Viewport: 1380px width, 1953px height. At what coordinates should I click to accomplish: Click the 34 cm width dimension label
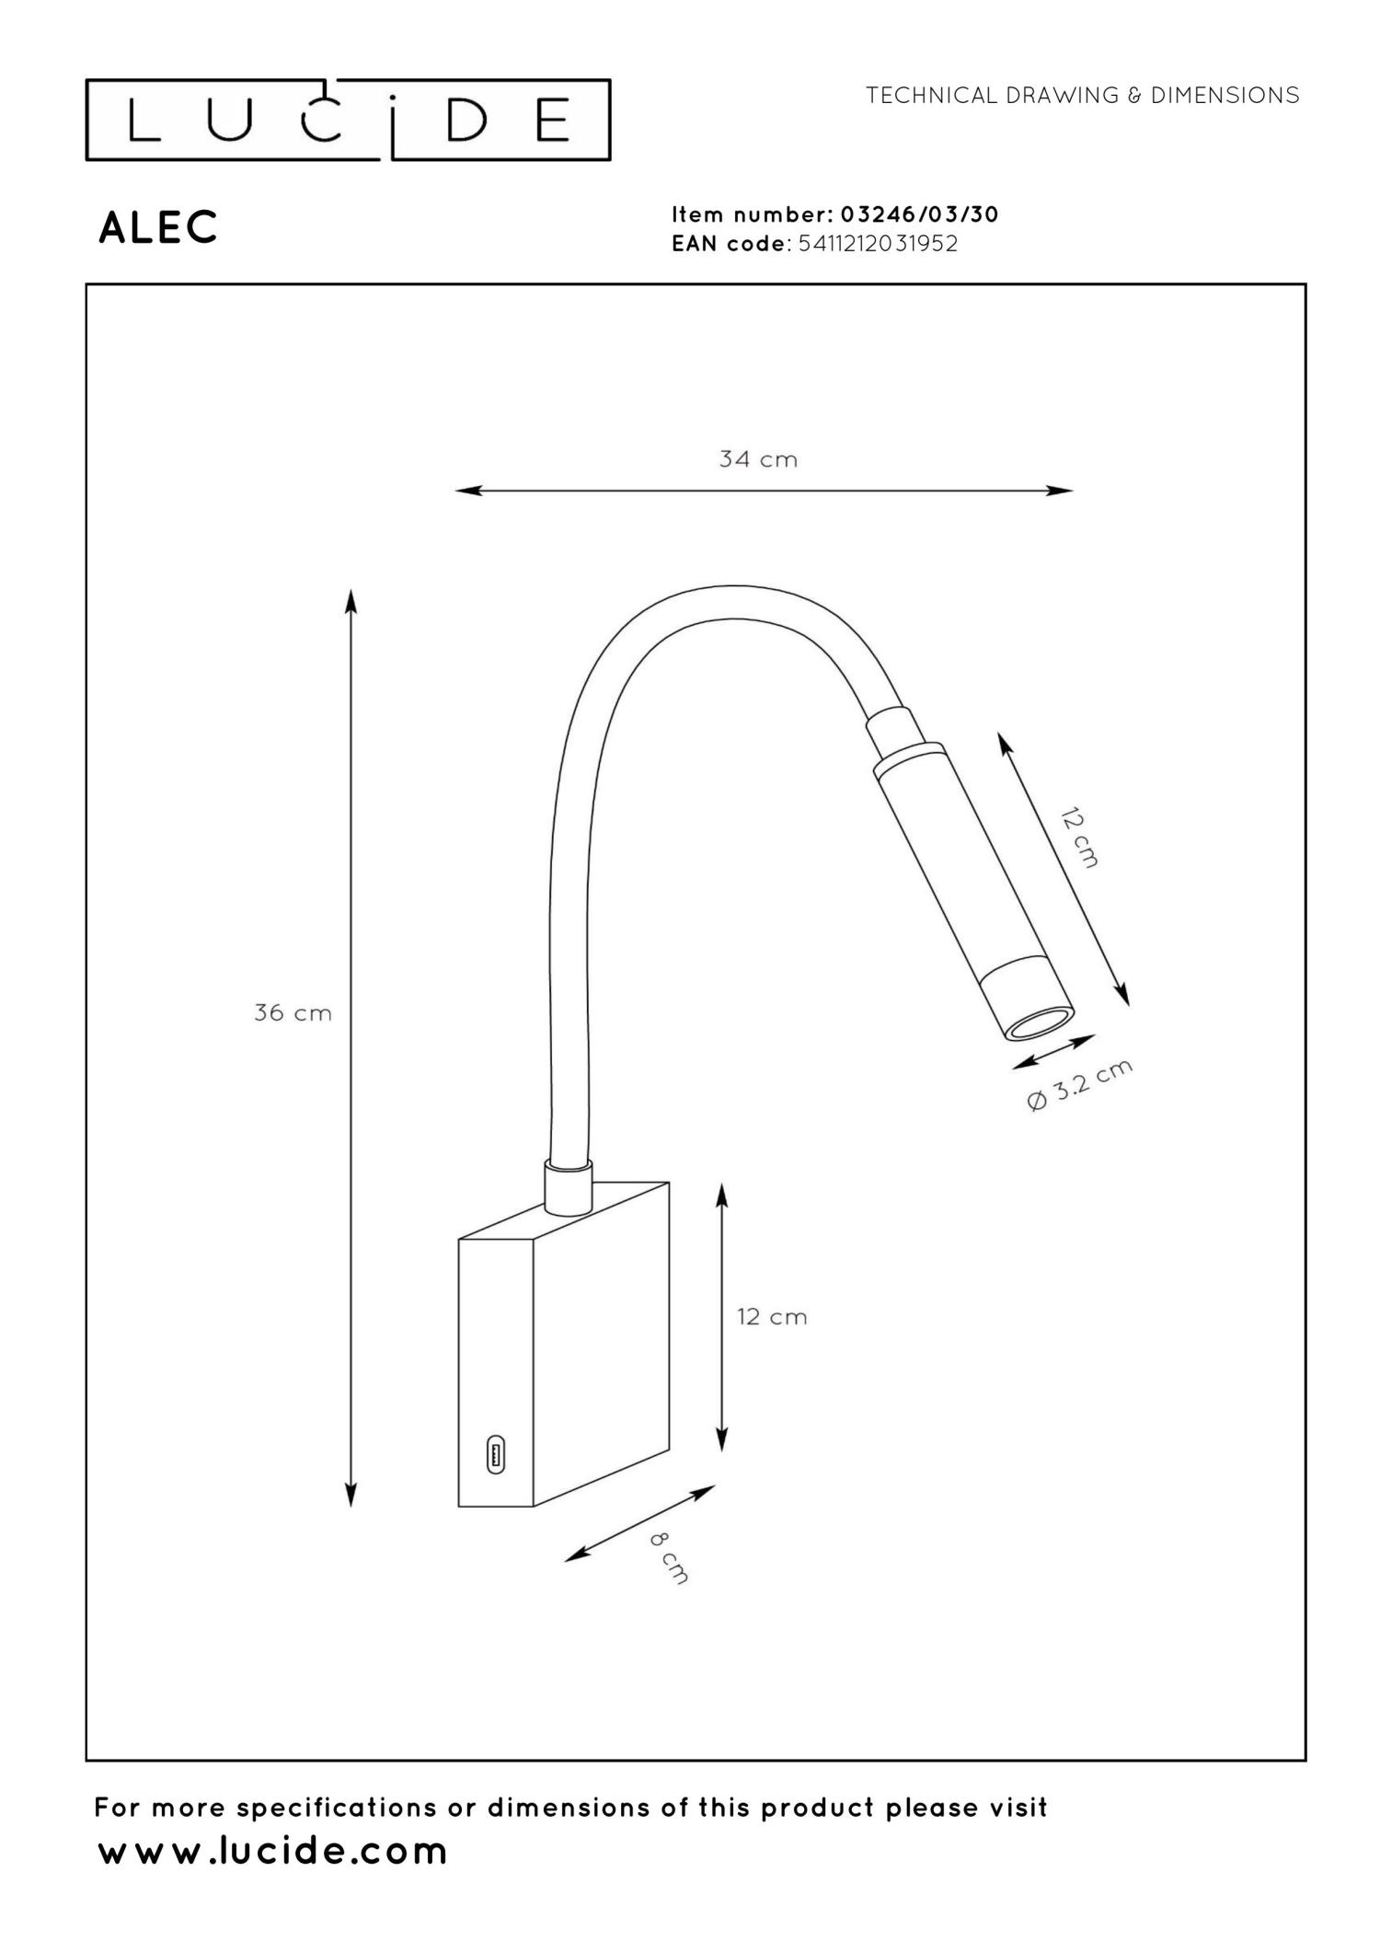[x=758, y=458]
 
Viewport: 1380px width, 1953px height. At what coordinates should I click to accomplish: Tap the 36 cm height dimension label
[x=293, y=1013]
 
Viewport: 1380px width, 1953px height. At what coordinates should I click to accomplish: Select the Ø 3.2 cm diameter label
[x=1079, y=1085]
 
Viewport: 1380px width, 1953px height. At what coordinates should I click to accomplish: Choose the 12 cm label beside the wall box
[x=771, y=1317]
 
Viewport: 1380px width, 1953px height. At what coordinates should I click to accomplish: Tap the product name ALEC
[x=158, y=227]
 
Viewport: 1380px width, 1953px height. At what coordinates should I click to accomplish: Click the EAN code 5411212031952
[x=878, y=244]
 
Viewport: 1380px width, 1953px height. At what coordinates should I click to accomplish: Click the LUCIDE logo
[x=348, y=121]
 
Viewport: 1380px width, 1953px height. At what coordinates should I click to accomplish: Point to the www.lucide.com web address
[x=272, y=1851]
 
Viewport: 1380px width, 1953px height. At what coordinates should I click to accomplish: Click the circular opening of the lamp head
[x=1039, y=1024]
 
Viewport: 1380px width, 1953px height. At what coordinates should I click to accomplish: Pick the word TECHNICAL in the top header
[x=931, y=96]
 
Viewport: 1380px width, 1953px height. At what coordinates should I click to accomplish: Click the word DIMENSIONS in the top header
[x=1225, y=96]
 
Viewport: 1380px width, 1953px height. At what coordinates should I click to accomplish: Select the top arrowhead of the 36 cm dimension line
[x=351, y=601]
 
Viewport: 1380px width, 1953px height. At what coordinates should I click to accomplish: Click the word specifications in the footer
[x=338, y=1808]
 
